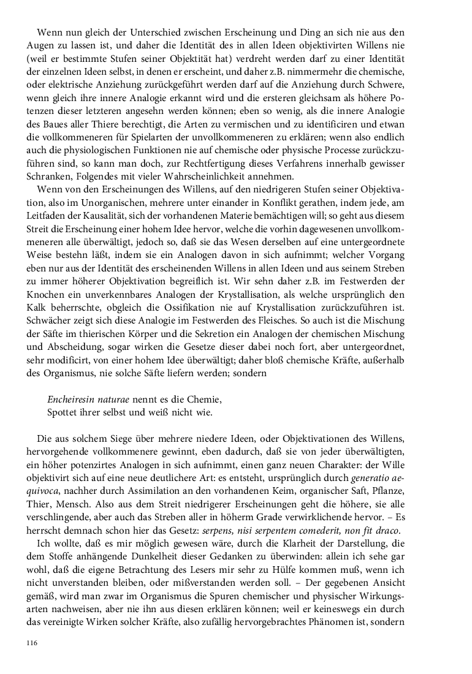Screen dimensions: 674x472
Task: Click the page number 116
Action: click(x=32, y=642)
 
